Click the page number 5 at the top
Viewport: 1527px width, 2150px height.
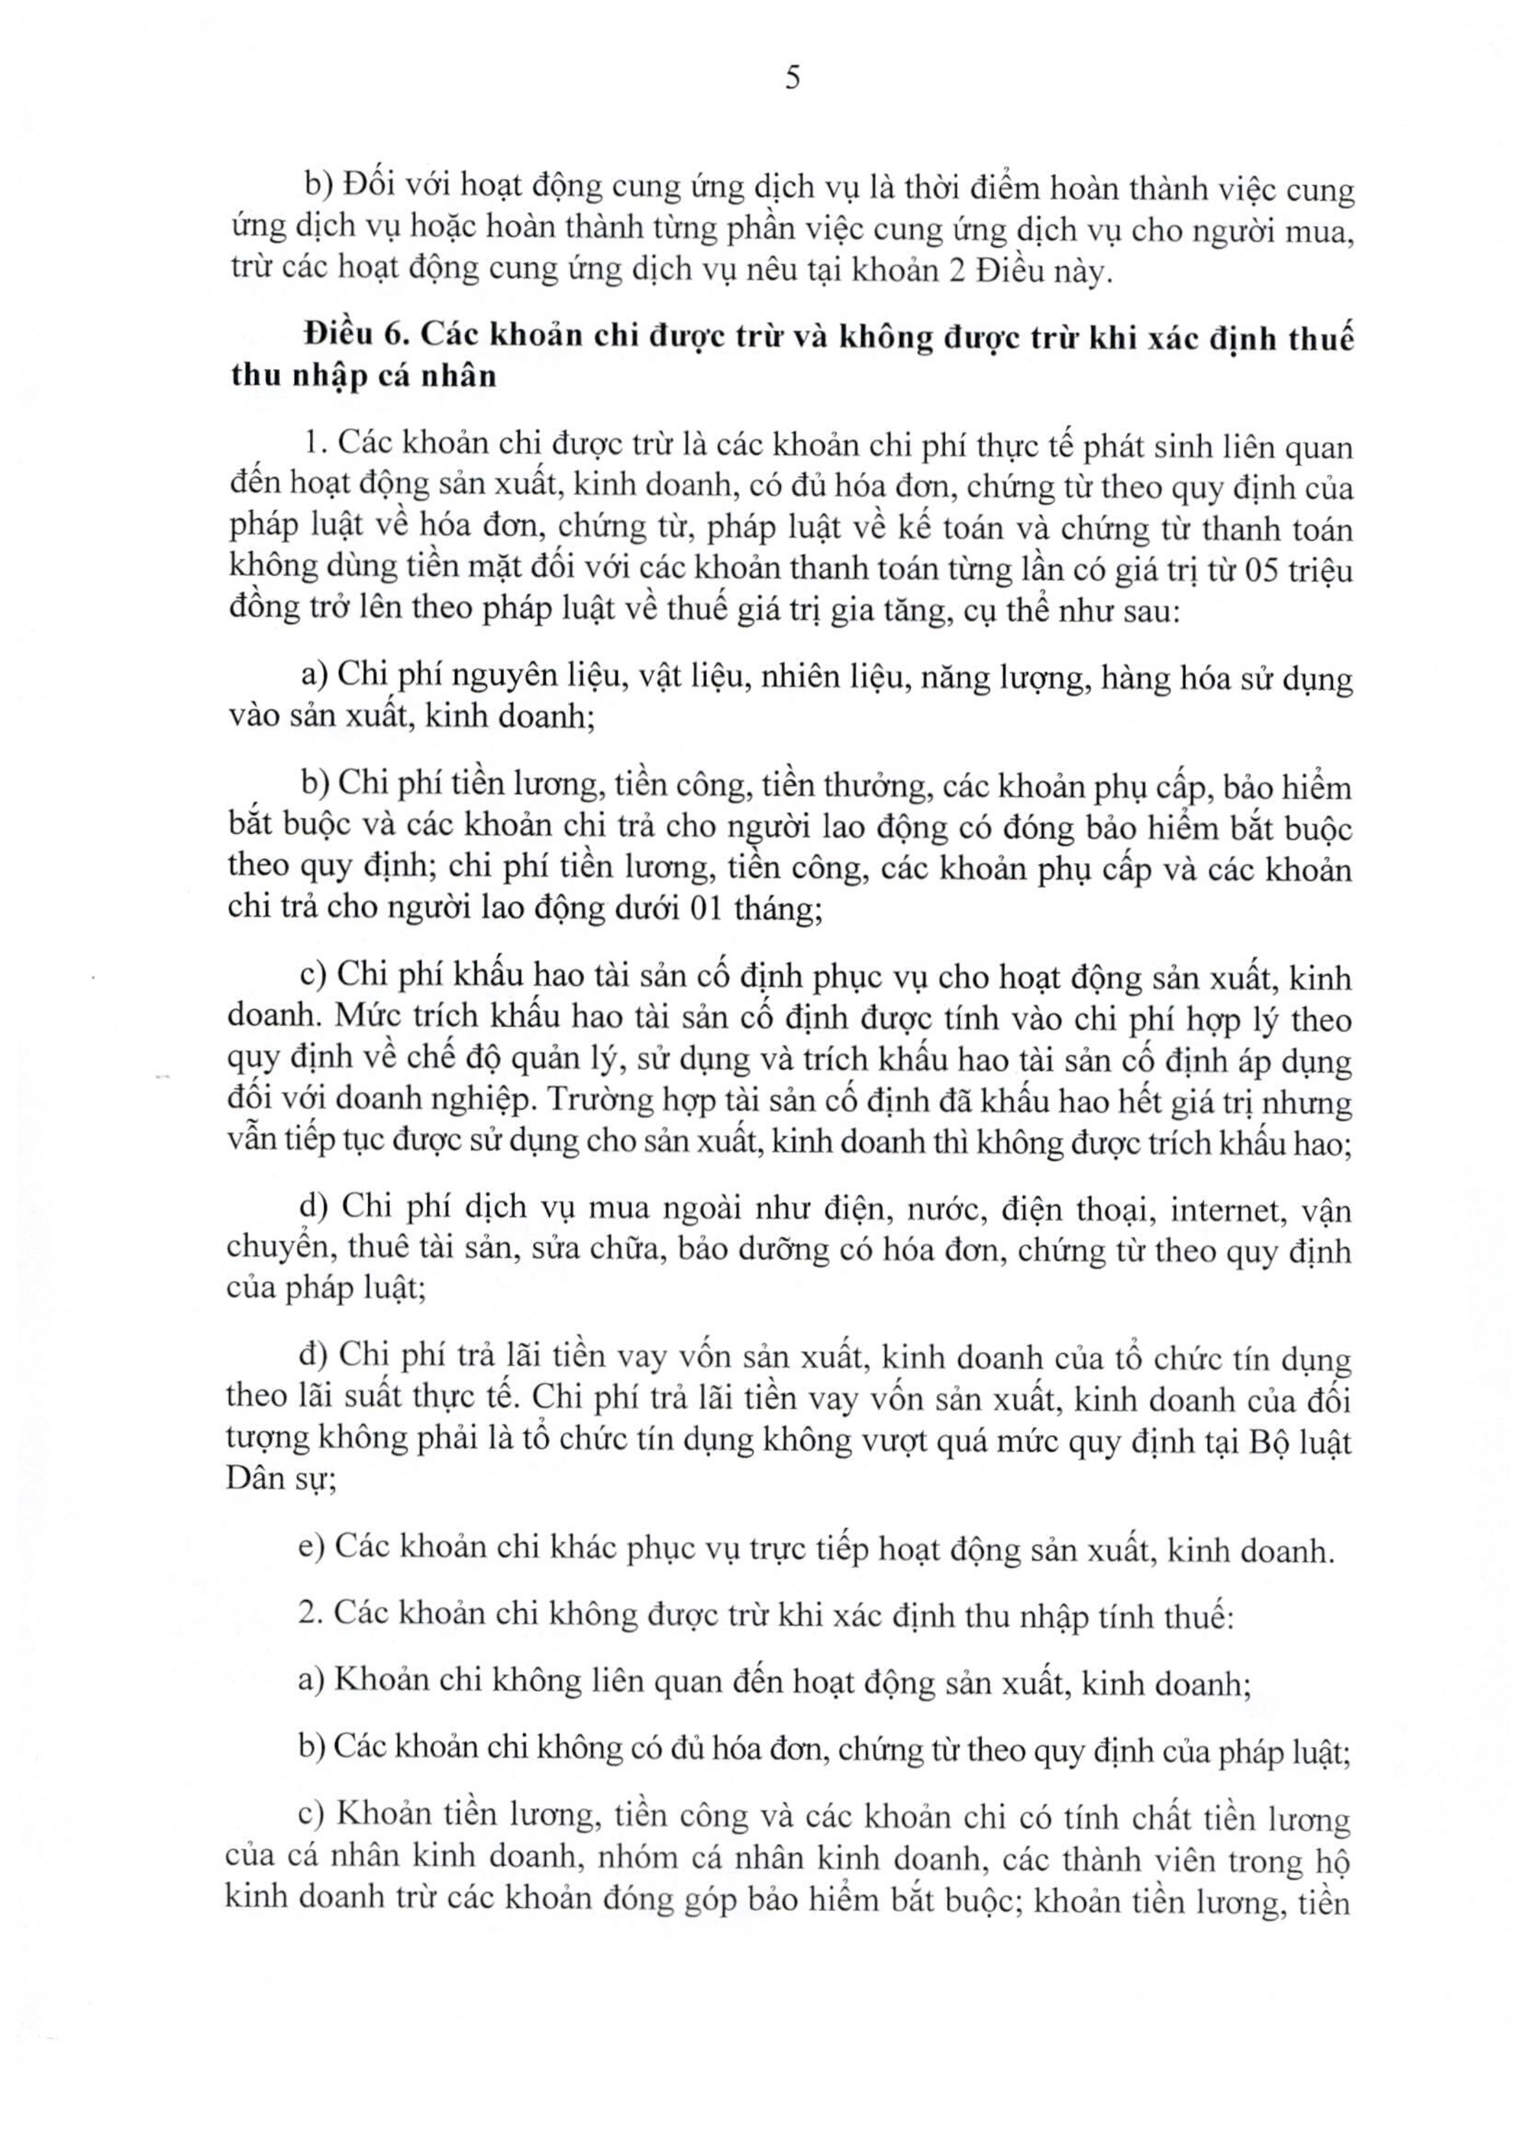tap(792, 79)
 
